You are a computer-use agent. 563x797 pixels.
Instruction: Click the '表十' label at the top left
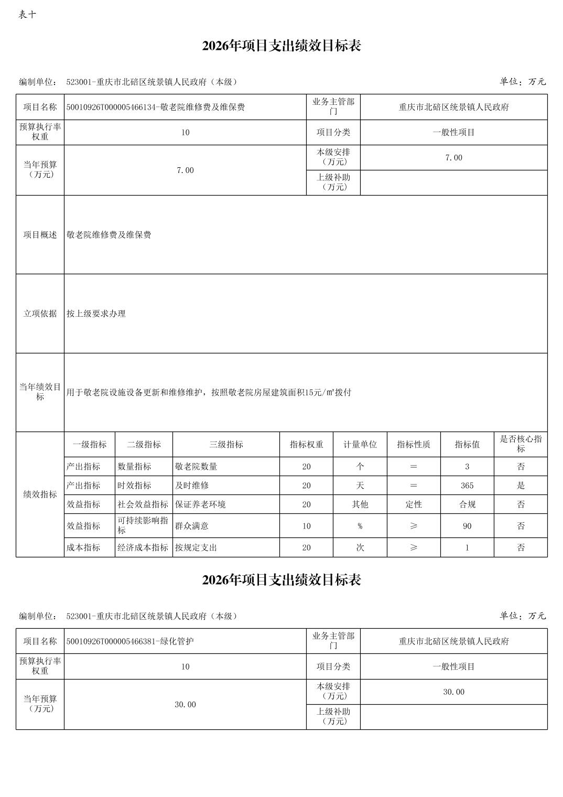pos(27,15)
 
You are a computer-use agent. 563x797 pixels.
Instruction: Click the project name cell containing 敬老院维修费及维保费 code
pos(156,107)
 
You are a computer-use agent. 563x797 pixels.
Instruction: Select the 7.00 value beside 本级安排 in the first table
pos(453,158)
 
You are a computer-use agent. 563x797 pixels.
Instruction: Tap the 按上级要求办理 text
pos(96,314)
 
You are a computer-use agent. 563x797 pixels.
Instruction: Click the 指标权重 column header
pos(306,445)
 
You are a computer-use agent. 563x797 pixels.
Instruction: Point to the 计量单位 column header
pos(360,445)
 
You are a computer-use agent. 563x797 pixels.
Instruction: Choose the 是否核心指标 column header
pos(521,444)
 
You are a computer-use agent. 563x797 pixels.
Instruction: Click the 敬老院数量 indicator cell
pos(196,467)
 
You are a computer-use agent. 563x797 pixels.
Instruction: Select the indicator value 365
pos(467,486)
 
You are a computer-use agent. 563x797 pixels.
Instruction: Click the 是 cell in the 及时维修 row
pos(521,486)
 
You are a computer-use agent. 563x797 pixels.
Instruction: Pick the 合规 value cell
pos(467,504)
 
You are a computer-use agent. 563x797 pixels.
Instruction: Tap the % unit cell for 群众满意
pos(360,526)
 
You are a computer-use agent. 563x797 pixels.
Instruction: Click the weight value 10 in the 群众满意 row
pos(306,526)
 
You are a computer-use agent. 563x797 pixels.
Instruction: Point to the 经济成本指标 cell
pos(143,547)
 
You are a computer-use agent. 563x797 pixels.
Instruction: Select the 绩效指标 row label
pos(40,494)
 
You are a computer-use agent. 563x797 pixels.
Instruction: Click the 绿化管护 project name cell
pos(130,641)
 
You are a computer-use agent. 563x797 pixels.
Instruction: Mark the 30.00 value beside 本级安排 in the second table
pos(453,692)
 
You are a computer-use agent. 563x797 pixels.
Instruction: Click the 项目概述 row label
pos(40,235)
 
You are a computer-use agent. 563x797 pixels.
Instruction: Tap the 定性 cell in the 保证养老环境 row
pos(413,504)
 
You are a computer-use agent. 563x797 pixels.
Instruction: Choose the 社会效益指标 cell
pos(143,504)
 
